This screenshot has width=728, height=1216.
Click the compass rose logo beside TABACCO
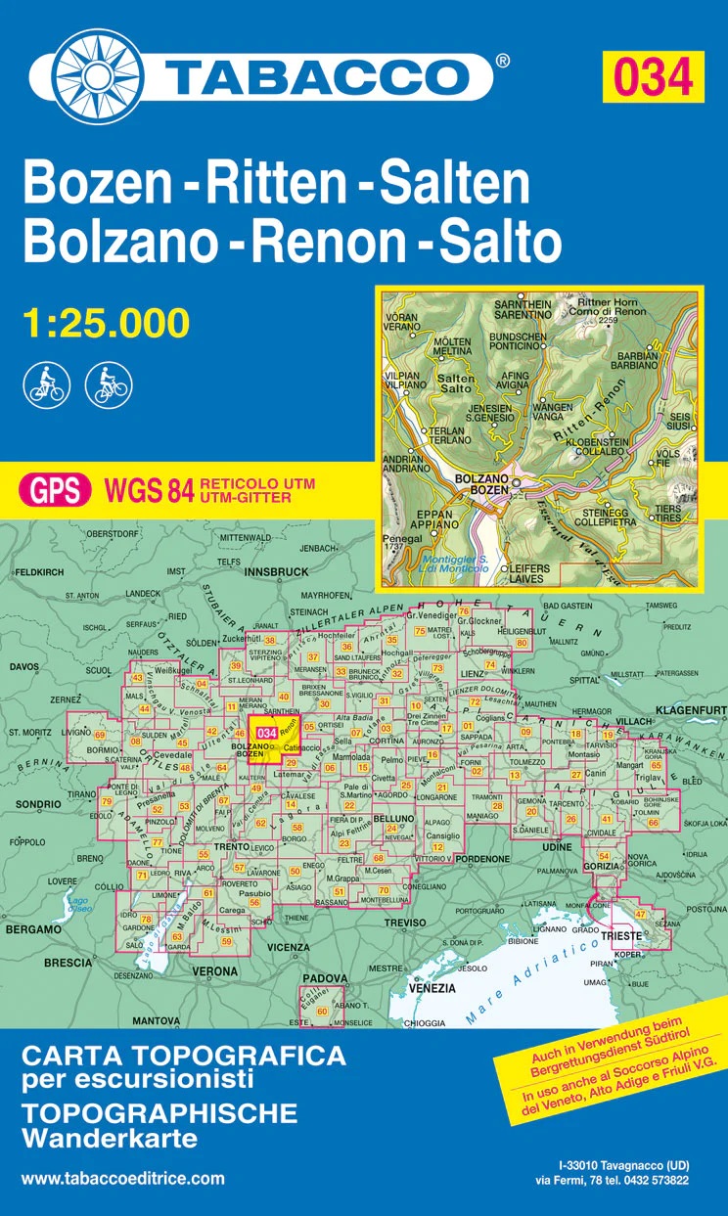(98, 73)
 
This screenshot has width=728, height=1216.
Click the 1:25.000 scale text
(105, 323)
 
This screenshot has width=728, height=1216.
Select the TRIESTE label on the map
(621, 936)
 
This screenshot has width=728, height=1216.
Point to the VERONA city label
(213, 971)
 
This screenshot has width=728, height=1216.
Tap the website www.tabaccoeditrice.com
(122, 1179)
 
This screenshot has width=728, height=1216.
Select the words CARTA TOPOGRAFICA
(184, 1056)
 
